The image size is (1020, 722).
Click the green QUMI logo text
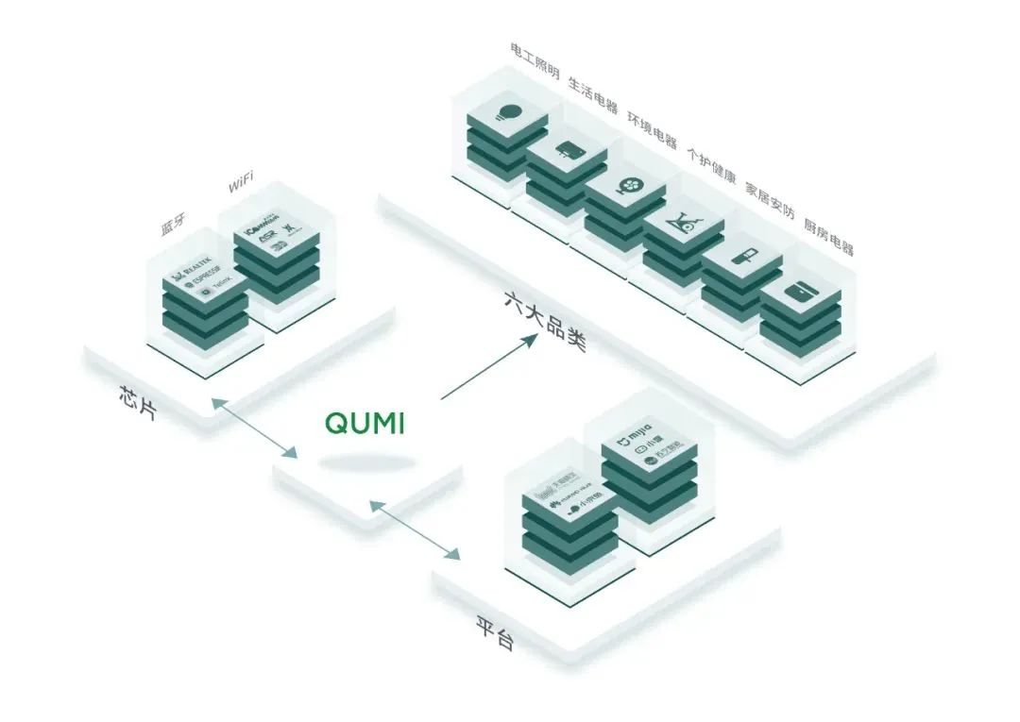[x=365, y=423]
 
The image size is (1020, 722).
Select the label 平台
[x=495, y=633]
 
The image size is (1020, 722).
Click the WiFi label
[x=241, y=184]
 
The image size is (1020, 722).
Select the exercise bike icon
[x=686, y=225]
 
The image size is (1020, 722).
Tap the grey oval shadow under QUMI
[x=366, y=462]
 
